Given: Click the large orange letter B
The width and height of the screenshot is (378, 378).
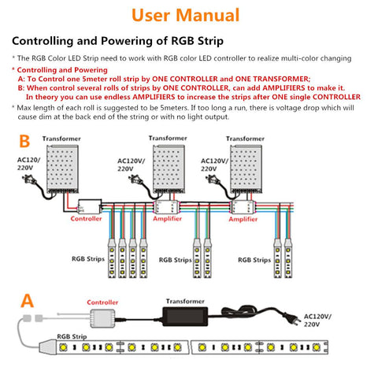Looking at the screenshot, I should (24, 143).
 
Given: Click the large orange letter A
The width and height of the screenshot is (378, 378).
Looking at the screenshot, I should (28, 300).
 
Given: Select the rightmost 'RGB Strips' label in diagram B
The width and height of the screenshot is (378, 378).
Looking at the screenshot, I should (256, 259).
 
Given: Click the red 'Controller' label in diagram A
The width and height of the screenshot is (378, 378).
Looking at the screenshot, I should (102, 302).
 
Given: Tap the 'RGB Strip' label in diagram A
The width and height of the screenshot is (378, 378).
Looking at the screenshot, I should (73, 335).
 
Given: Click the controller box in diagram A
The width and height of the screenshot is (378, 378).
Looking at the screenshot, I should (103, 317).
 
